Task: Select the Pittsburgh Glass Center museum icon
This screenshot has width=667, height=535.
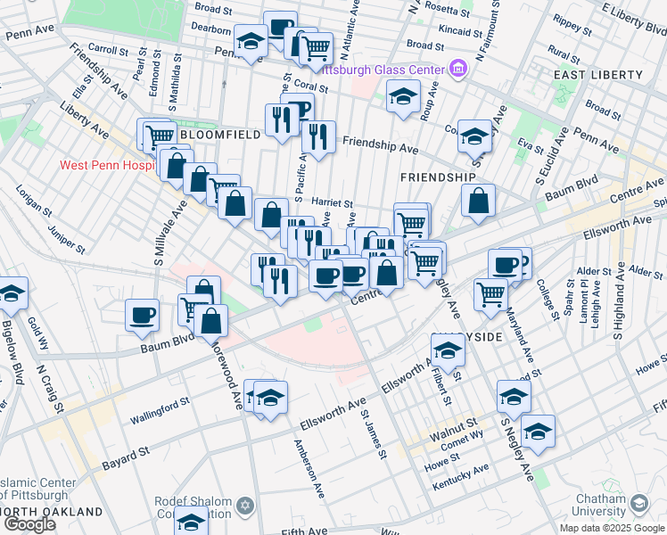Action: point(458,68)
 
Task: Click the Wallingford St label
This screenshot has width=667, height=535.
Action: point(136,414)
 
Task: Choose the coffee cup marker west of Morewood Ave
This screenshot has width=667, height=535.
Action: point(143,314)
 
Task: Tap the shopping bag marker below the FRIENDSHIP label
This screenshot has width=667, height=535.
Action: point(479,202)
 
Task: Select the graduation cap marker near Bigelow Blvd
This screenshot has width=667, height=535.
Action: point(11,292)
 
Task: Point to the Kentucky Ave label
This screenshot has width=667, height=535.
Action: point(461,481)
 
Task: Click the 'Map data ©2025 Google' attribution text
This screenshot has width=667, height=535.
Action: point(612,528)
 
